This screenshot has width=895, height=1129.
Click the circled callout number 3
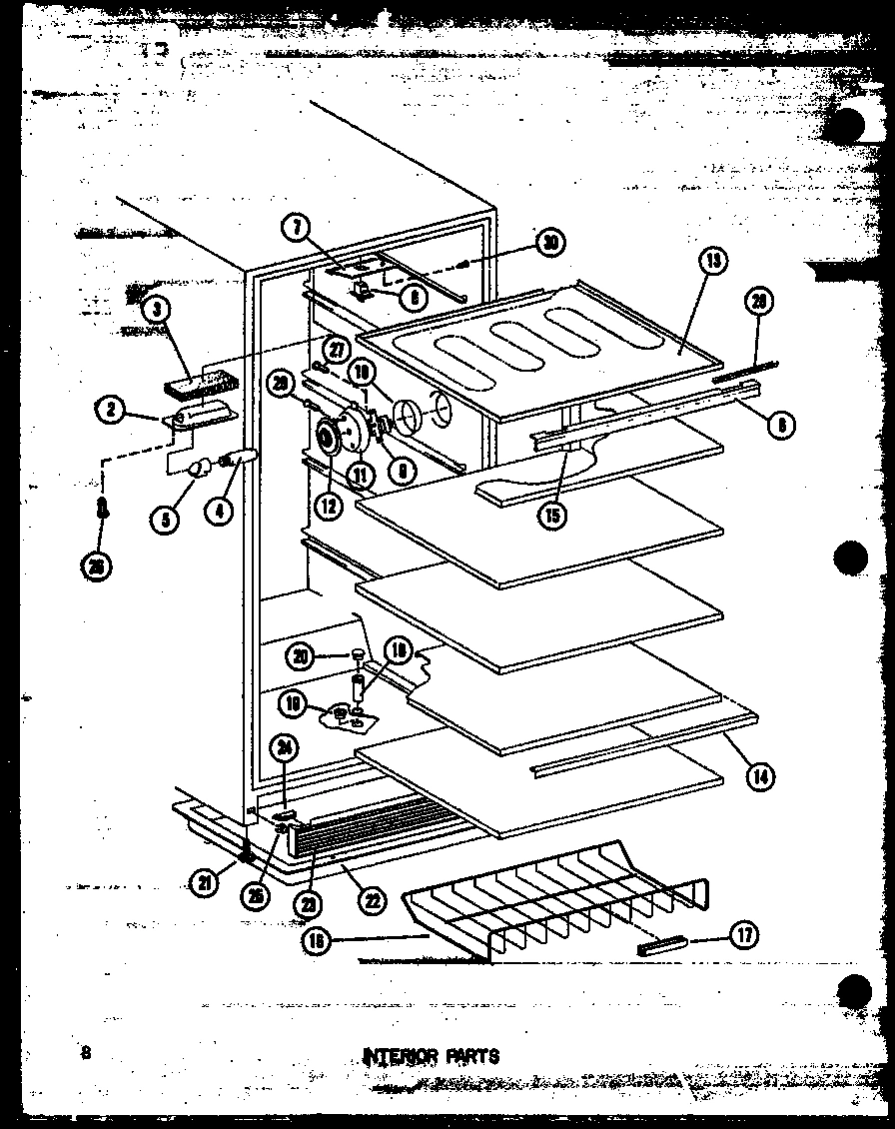pos(155,309)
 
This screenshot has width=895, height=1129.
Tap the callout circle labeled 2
pos(112,410)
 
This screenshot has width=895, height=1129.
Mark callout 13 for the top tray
pos(713,262)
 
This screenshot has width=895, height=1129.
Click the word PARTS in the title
pos(467,1056)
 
